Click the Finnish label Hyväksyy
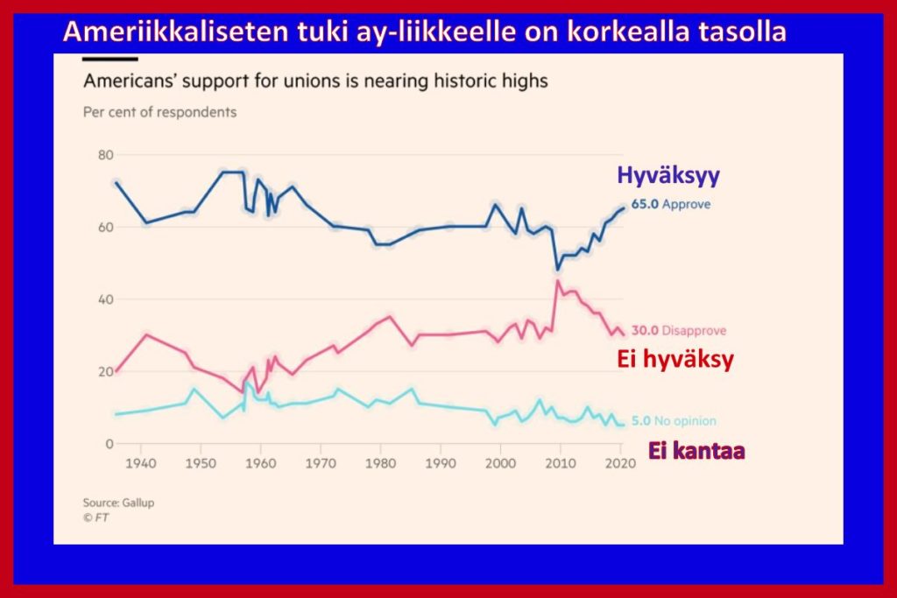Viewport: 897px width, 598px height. pos(668,175)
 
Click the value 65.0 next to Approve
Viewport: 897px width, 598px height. pos(645,204)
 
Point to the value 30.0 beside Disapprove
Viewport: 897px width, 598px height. pos(645,331)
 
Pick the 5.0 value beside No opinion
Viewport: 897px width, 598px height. pos(641,421)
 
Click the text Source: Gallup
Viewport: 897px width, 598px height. pos(112,503)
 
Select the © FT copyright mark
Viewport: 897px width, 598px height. pos(95,517)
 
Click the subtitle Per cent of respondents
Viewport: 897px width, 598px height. pos(159,112)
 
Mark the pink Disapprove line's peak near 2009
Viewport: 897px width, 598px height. pos(557,281)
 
